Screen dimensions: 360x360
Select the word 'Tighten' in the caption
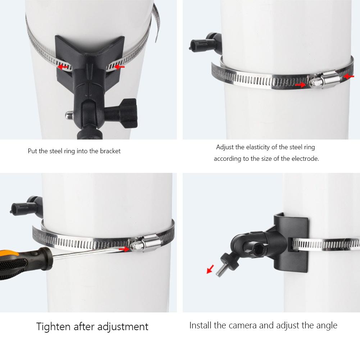pyautogui.click(x=54, y=327)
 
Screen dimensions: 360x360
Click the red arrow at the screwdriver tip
pyautogui.click(x=124, y=249)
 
